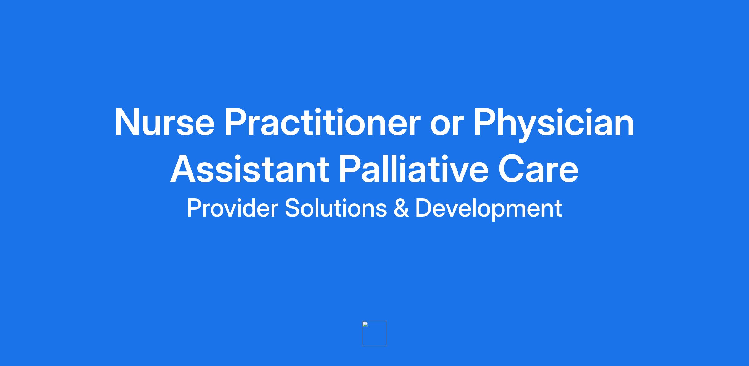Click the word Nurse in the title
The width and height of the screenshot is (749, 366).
165,122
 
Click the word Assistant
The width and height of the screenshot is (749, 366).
250,169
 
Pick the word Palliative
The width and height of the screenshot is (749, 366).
414,168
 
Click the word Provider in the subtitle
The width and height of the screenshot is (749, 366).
232,208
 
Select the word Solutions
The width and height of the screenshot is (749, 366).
336,208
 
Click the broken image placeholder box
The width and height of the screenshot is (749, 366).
374,334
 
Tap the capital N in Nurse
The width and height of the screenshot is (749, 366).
128,122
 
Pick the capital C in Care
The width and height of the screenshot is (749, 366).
512,169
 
